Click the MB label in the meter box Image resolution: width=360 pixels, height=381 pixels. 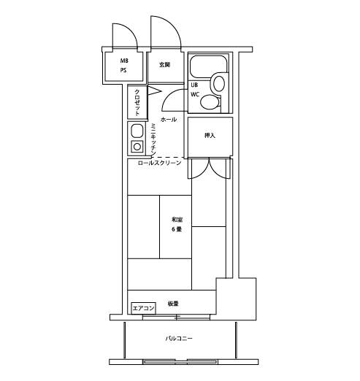click(x=124, y=61)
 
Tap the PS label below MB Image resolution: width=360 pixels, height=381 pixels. click(x=123, y=70)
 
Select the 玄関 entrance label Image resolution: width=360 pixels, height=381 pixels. click(x=164, y=65)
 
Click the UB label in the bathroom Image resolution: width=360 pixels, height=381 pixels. click(x=194, y=85)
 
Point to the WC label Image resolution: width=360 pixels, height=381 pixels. click(x=195, y=94)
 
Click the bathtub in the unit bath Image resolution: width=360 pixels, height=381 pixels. click(x=208, y=66)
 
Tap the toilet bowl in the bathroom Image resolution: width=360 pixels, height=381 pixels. click(x=210, y=102)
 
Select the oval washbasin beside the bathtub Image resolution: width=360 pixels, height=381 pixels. click(x=219, y=84)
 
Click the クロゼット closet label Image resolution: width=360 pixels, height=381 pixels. click(x=137, y=102)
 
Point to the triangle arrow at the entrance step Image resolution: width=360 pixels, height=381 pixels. click(x=154, y=91)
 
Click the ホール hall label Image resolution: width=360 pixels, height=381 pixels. click(x=169, y=119)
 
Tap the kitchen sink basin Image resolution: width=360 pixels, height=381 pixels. click(x=137, y=131)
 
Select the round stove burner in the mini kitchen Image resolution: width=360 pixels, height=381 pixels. click(x=137, y=147)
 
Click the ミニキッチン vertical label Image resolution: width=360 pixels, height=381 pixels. click(x=153, y=139)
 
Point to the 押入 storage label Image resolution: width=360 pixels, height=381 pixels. click(x=210, y=135)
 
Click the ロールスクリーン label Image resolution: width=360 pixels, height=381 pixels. click(x=159, y=163)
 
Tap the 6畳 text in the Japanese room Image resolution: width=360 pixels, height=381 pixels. click(x=177, y=229)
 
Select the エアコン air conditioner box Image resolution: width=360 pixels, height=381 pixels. click(x=143, y=308)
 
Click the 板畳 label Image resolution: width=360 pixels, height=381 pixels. click(x=173, y=304)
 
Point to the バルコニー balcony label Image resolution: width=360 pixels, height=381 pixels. click(x=179, y=338)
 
